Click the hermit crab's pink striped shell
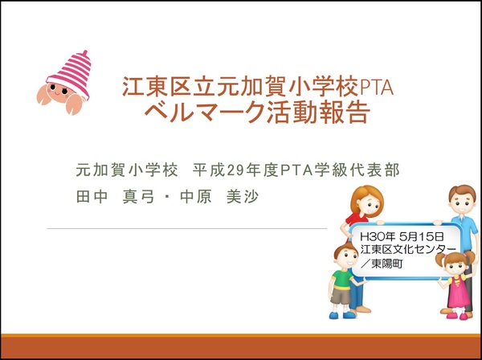click(x=71, y=74)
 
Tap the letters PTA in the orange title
click(x=376, y=88)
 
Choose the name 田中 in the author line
click(x=92, y=196)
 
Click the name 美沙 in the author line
click(x=243, y=196)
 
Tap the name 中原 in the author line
click(x=196, y=196)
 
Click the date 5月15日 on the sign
click(x=422, y=236)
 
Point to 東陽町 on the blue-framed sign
click(x=386, y=264)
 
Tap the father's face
click(x=463, y=202)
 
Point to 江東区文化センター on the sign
click(x=408, y=249)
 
